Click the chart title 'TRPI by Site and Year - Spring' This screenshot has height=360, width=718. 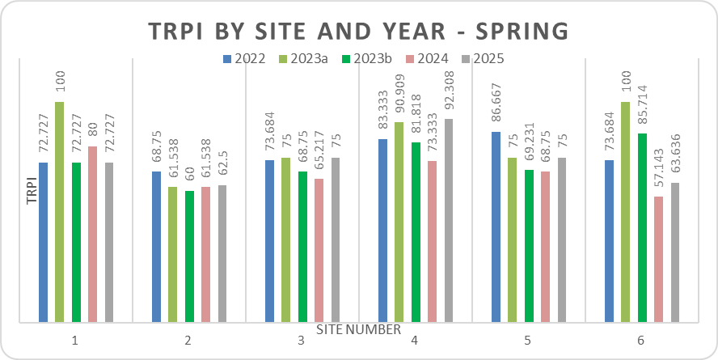point(359,31)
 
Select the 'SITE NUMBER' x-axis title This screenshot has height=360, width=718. point(358,329)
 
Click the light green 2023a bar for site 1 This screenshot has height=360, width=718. point(60,211)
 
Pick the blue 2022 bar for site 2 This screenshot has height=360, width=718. point(157,246)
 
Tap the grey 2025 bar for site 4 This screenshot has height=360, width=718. point(448,219)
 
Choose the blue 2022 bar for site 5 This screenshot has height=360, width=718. point(496,226)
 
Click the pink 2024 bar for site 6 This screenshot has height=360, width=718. point(658,258)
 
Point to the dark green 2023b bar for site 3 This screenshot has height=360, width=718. point(302,246)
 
